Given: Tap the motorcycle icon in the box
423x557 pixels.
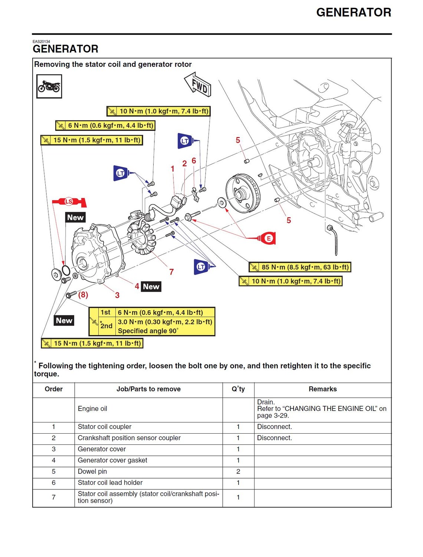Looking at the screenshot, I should pos(49,87).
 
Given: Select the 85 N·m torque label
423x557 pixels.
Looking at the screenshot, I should pos(300,267).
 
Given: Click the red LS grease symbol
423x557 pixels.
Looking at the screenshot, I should pos(69,202).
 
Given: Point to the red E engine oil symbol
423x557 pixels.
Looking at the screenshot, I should pos(268,238).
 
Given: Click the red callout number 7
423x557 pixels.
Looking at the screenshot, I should pos(171,272).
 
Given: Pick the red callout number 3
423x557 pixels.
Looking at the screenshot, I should pos(117,295).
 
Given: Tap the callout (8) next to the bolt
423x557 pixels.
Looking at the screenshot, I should pos(83,295).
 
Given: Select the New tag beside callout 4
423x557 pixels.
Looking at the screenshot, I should pos(151,286).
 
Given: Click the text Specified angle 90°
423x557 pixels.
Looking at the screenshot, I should pos(148,331).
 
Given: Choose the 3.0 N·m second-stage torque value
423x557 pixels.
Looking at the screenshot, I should pos(165,322).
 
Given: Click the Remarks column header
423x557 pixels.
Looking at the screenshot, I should pos(322,389).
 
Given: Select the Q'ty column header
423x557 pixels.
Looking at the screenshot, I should pos(238,389).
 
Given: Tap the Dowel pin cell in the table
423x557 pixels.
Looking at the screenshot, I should pos(92,472).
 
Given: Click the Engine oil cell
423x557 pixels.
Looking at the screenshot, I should pos(92,409).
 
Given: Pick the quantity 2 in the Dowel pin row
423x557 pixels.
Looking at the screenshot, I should pos(238,472).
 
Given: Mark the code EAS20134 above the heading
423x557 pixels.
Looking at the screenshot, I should pos(41,42).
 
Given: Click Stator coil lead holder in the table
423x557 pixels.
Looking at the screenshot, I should pos(110,483).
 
